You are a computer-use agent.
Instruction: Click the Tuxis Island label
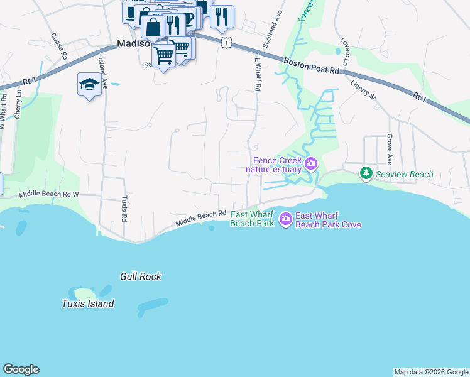tap(88, 303)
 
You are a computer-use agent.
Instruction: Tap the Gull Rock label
tap(141, 276)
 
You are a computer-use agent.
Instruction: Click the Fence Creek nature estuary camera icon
tap(310, 165)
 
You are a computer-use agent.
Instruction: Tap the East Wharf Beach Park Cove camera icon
tap(286, 219)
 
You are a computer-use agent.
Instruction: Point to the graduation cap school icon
tap(89, 85)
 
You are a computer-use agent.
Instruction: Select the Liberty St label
tap(363, 90)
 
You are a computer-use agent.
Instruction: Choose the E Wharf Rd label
tap(257, 74)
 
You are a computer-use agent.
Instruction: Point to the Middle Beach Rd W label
tap(49, 195)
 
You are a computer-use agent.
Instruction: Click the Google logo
tap(21, 369)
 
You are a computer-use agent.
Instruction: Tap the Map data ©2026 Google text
tap(431, 372)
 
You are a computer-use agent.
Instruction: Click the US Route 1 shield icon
tap(226, 41)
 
